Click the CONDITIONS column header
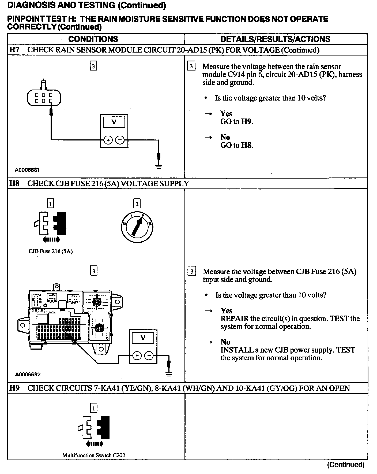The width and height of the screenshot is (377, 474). (93, 39)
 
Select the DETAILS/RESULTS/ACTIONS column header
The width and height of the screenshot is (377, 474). (275, 39)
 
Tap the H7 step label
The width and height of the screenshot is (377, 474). (14, 50)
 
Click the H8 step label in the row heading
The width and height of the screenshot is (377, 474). (14, 184)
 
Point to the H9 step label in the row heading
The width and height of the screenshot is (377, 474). (14, 388)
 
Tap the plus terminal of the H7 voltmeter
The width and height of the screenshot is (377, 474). (108, 140)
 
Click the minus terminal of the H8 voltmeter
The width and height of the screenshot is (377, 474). (149, 356)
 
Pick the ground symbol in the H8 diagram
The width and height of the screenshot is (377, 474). (169, 374)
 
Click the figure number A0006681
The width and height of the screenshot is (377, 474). (27, 170)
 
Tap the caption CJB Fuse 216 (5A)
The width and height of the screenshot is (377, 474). (51, 251)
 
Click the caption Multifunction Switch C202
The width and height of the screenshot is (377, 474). (94, 455)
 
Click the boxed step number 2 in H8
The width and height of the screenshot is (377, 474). (137, 204)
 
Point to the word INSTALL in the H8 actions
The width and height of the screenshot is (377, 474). (232, 350)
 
